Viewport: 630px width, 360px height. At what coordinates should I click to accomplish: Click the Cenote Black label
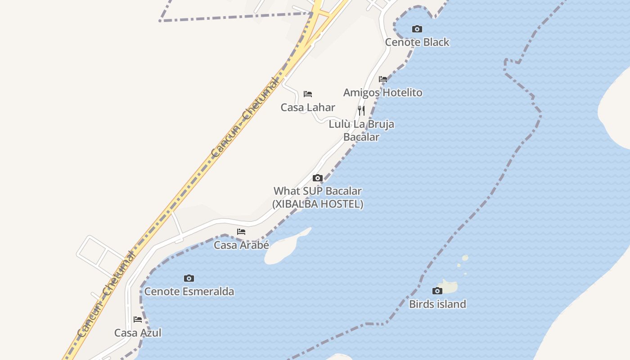pyautogui.click(x=417, y=42)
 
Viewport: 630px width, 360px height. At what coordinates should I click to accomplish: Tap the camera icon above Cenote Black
pyautogui.click(x=417, y=29)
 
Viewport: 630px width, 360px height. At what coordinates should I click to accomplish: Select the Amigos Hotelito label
pyautogui.click(x=382, y=93)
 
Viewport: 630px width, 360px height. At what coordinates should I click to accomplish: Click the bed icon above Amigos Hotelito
pyautogui.click(x=383, y=79)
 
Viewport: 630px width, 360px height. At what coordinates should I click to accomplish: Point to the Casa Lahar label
pyautogui.click(x=308, y=108)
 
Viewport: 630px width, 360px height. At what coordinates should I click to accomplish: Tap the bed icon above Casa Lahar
pyautogui.click(x=308, y=94)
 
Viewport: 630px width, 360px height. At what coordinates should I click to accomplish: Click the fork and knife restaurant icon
pyautogui.click(x=361, y=111)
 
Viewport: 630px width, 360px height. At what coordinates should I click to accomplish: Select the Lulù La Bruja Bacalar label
pyautogui.click(x=361, y=130)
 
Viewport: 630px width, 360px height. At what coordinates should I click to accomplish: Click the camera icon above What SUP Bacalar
pyautogui.click(x=318, y=178)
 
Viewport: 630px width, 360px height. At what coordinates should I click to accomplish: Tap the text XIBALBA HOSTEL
pyautogui.click(x=318, y=204)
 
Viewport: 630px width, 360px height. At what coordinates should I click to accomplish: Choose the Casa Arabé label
pyautogui.click(x=241, y=245)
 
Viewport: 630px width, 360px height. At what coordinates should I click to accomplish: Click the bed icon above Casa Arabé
pyautogui.click(x=241, y=232)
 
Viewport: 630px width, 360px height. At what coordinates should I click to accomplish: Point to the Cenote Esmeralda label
pyautogui.click(x=189, y=292)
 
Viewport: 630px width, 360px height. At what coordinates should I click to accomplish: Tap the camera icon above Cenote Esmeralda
pyautogui.click(x=189, y=279)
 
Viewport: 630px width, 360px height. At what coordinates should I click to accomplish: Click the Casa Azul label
pyautogui.click(x=138, y=333)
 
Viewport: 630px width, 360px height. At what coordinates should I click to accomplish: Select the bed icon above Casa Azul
pyautogui.click(x=138, y=319)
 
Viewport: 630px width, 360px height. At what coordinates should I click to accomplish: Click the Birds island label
pyautogui.click(x=437, y=304)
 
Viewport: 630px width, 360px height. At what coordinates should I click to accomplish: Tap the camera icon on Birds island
pyautogui.click(x=437, y=291)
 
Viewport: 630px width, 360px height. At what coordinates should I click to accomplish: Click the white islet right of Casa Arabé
pyautogui.click(x=283, y=251)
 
